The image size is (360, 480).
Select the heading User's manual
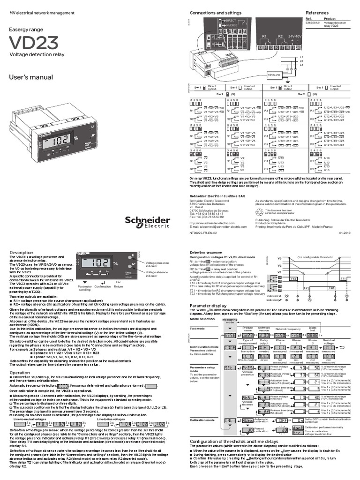(31, 77)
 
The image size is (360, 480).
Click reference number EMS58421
(314, 23)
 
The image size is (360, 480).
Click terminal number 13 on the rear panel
(260, 48)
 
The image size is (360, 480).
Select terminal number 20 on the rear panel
(299, 48)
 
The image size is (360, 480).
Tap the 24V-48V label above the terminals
(295, 36)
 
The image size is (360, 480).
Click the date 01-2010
(345, 231)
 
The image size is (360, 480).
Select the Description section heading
(22, 253)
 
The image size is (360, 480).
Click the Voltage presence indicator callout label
(157, 265)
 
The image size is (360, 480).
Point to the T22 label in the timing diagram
(331, 287)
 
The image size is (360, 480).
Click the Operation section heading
(20, 373)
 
